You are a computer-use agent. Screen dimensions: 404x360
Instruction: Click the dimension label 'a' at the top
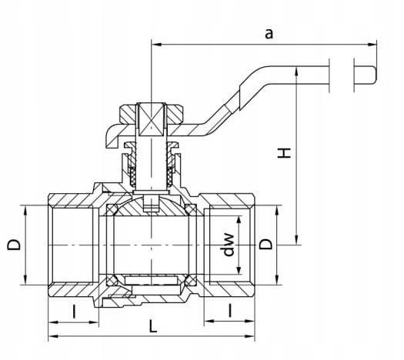(269, 34)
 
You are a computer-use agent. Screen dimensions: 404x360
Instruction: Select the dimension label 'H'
(284, 153)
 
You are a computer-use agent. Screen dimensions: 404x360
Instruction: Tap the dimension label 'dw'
(229, 245)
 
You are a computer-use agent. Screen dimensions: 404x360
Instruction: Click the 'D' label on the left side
(13, 245)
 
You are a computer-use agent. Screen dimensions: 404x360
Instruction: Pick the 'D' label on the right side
(265, 244)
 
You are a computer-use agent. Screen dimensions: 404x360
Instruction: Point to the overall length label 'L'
(153, 326)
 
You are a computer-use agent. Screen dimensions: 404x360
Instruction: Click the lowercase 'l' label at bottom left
(75, 312)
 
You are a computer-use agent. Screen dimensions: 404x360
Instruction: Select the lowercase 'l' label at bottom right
(230, 310)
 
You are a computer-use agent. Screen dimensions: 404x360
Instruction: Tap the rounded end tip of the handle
(376, 75)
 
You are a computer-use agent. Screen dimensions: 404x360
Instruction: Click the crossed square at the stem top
(152, 119)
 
